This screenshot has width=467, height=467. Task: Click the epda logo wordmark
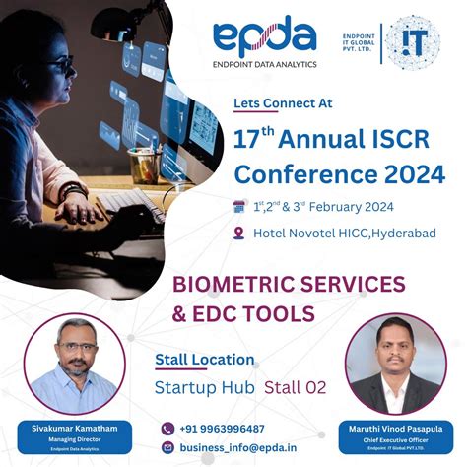(x=264, y=38)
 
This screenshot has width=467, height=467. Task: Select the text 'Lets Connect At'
(x=283, y=101)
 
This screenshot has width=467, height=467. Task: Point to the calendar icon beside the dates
(x=237, y=207)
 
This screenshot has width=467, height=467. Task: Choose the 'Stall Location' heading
(x=205, y=360)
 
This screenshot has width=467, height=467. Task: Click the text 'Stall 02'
(x=295, y=387)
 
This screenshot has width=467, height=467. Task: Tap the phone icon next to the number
(x=167, y=429)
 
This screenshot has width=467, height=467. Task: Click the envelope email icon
(x=167, y=447)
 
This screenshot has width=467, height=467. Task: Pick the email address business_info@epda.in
(x=236, y=447)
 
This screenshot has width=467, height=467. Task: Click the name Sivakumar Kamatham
(x=67, y=428)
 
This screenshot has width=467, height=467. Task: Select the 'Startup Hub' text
(x=204, y=387)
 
